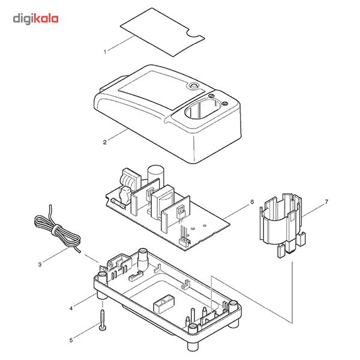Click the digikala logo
(36, 18)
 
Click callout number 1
(105, 52)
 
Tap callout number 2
(105, 142)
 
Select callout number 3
(40, 263)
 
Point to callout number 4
(71, 308)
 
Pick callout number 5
(71, 340)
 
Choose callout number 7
(326, 202)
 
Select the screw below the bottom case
(103, 317)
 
